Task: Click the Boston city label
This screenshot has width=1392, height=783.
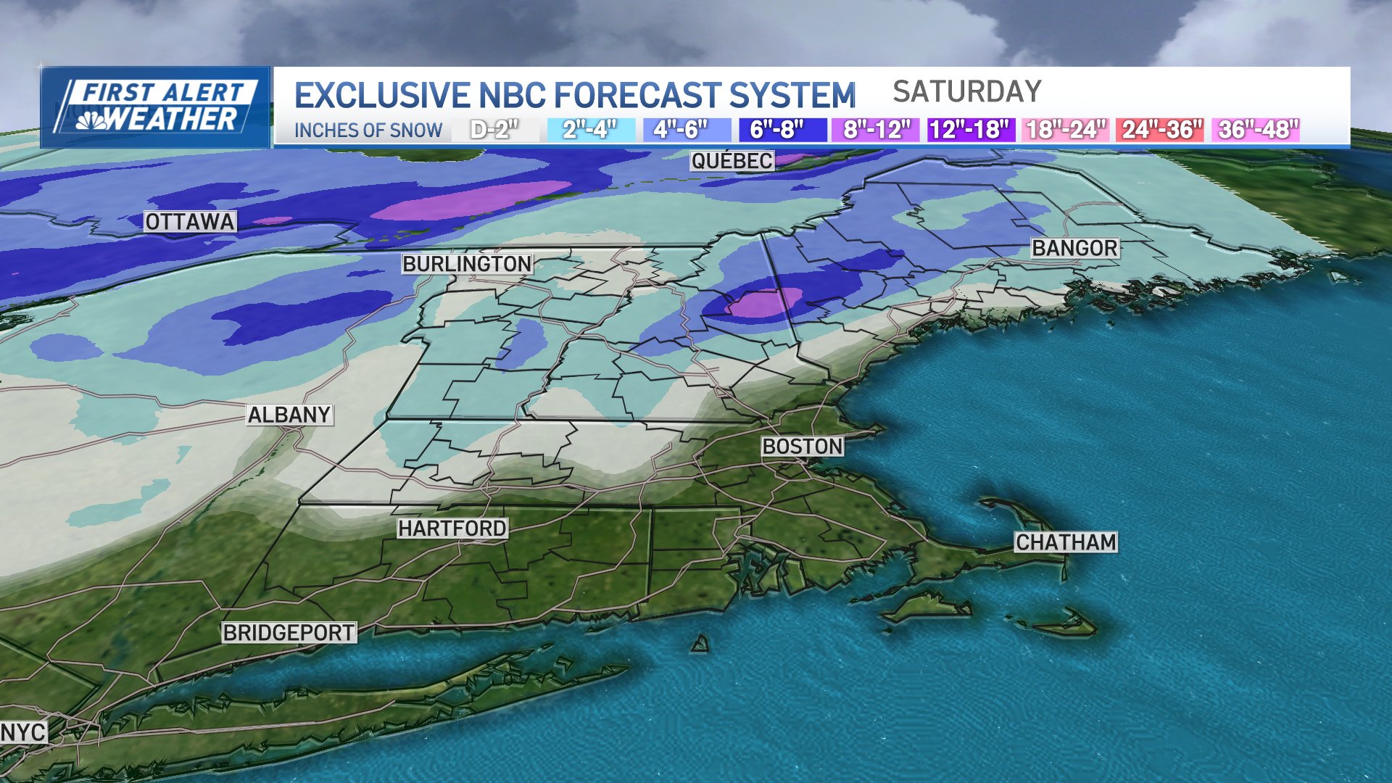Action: point(803,447)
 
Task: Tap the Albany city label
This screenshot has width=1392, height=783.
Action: point(289,415)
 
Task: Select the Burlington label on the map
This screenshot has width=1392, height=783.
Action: point(468,264)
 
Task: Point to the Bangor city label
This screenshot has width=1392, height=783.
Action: point(1075,248)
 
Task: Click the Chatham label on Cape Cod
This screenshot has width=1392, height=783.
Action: point(1066,542)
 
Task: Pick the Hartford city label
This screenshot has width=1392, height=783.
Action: point(452,529)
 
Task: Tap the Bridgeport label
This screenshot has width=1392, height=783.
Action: point(289,633)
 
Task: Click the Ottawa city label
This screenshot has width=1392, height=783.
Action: point(190,222)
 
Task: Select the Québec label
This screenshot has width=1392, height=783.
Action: point(732,161)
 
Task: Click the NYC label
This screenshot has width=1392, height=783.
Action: point(23,732)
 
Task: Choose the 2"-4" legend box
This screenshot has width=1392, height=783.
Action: point(589,130)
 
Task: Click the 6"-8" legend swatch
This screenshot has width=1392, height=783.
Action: point(777,130)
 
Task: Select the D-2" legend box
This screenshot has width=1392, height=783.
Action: point(494,130)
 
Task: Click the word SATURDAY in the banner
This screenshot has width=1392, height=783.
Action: point(966,92)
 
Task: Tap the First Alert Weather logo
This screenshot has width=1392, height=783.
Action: point(156,107)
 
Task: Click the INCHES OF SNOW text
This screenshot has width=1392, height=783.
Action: point(368,130)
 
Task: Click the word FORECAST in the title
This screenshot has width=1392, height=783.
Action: point(639,96)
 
